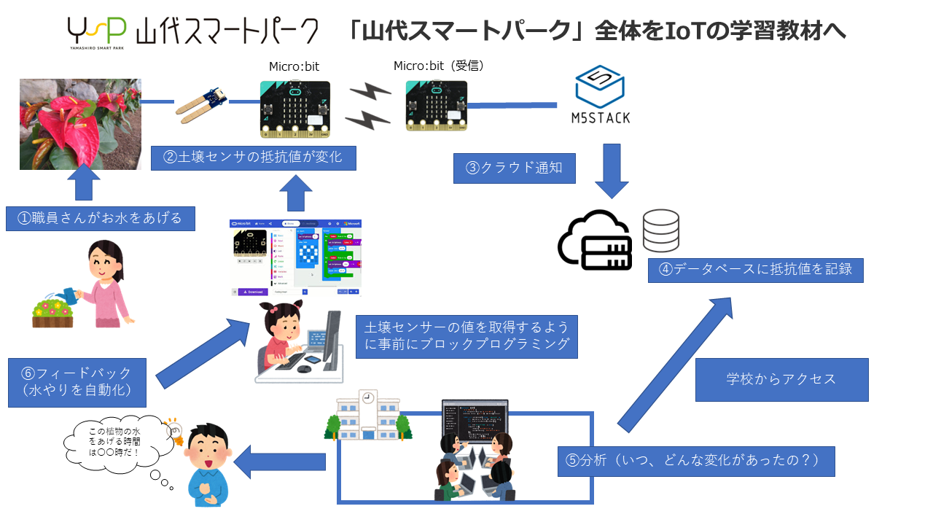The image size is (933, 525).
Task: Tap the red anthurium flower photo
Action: [x=80, y=124]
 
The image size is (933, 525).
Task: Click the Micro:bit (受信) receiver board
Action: [x=436, y=106]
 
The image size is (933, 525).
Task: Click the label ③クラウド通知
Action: [x=514, y=168]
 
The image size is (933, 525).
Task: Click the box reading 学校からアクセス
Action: [x=781, y=379]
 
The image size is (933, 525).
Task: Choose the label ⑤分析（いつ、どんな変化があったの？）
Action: [x=696, y=461]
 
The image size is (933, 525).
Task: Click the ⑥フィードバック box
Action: [x=77, y=382]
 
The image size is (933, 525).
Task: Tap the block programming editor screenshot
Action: [x=296, y=258]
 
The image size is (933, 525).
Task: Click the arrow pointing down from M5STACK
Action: [x=611, y=170]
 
